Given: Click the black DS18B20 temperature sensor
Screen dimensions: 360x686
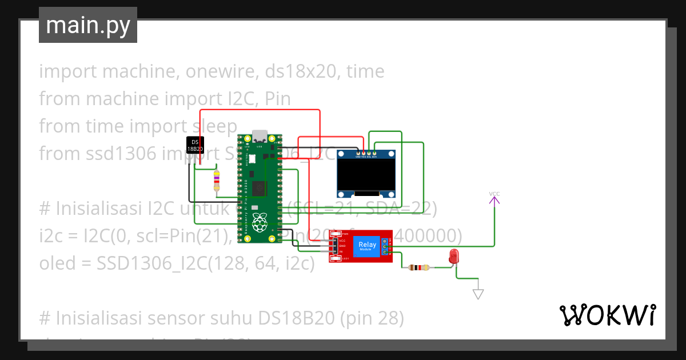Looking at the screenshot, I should [196, 145].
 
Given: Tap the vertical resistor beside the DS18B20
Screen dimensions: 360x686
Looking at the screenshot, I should [216, 181].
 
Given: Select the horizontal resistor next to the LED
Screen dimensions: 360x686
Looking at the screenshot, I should [421, 267].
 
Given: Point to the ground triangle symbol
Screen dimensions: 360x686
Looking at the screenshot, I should [478, 294].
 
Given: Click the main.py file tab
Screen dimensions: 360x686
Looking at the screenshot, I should [88, 25].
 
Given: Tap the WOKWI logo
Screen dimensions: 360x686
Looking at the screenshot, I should [607, 315].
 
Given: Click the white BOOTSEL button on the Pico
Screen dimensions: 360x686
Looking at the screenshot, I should [252, 159].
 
